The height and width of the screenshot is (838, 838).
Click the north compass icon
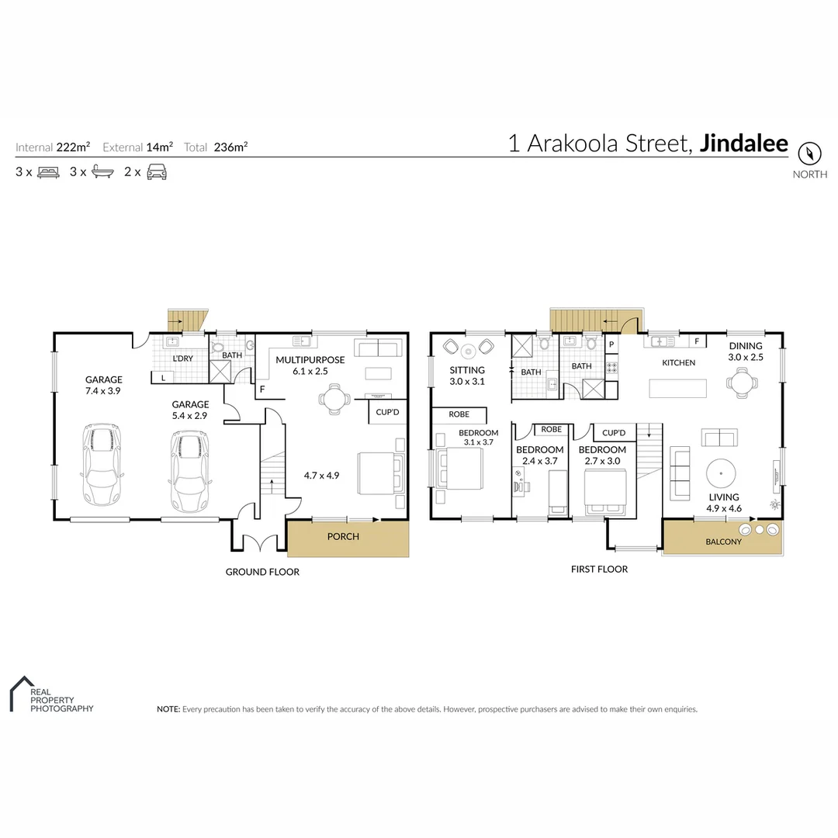(x=809, y=152)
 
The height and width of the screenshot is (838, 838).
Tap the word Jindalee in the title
(x=743, y=144)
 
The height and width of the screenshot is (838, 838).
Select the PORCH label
(x=343, y=536)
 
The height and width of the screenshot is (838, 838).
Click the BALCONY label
(x=722, y=542)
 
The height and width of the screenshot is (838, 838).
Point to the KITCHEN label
(x=678, y=362)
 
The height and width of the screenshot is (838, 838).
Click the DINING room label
(x=745, y=346)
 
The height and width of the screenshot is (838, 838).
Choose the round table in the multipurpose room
(x=334, y=400)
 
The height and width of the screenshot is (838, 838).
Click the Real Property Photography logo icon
(x=19, y=692)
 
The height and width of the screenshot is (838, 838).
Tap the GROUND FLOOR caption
(x=262, y=572)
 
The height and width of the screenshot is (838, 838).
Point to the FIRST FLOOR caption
(x=599, y=569)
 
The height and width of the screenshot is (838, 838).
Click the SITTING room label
(x=467, y=370)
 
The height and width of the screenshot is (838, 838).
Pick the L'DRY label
(x=182, y=358)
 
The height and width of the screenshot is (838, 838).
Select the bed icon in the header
(x=47, y=172)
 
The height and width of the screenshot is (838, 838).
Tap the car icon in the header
(x=157, y=172)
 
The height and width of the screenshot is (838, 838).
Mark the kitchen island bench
(x=678, y=387)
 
